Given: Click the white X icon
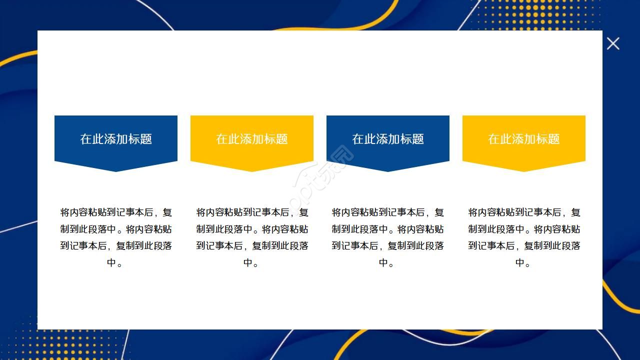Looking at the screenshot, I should coord(613,43).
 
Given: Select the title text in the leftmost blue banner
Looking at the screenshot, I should coord(116,139).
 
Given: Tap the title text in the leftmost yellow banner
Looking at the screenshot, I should coord(252,139).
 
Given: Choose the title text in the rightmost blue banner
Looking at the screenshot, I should coord(388,139).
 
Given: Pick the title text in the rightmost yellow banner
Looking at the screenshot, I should coord(524,139).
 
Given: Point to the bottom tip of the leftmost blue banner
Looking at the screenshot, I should coord(116,170).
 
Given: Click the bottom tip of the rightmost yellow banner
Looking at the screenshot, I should coord(524,170).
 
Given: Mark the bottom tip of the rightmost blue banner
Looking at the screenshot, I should coord(388,170).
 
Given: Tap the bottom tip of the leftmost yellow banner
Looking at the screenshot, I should coord(252,170).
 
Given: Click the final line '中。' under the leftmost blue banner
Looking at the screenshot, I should coord(115,262).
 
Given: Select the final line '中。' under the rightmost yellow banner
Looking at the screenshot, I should coord(523,262).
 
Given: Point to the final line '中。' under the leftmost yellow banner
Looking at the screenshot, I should coord(251,262).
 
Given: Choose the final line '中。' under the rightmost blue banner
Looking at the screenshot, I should coord(387,262).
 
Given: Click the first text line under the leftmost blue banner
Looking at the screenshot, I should coord(116,212).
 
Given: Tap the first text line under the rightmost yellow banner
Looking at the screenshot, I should coord(524,212).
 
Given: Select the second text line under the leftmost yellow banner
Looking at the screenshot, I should coord(252,229).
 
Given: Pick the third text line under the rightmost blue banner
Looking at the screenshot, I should coord(388,246).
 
